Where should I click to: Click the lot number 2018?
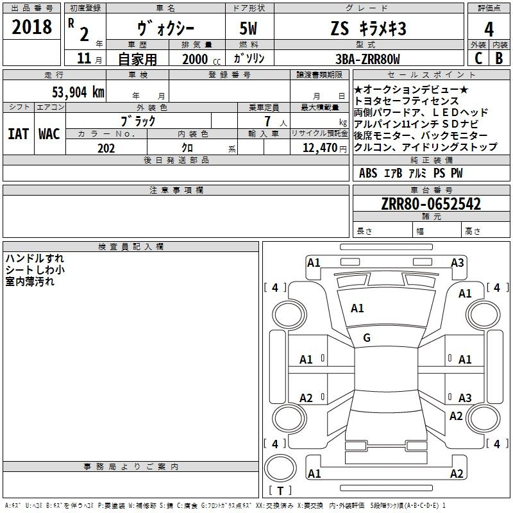pyautogui.click(x=31, y=27)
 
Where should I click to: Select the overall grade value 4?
pyautogui.click(x=489, y=29)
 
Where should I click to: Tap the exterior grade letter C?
pyautogui.click(x=478, y=58)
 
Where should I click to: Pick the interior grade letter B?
pyautogui.click(x=499, y=58)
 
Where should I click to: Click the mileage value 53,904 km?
pyautogui.click(x=78, y=92)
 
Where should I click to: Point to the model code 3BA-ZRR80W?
pyautogui.click(x=367, y=59)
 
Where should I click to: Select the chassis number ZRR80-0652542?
pyautogui.click(x=431, y=204)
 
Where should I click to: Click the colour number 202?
pyautogui.click(x=106, y=148)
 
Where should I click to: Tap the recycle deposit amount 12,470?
pyautogui.click(x=319, y=148)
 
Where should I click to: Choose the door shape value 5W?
pyautogui.click(x=248, y=28)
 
